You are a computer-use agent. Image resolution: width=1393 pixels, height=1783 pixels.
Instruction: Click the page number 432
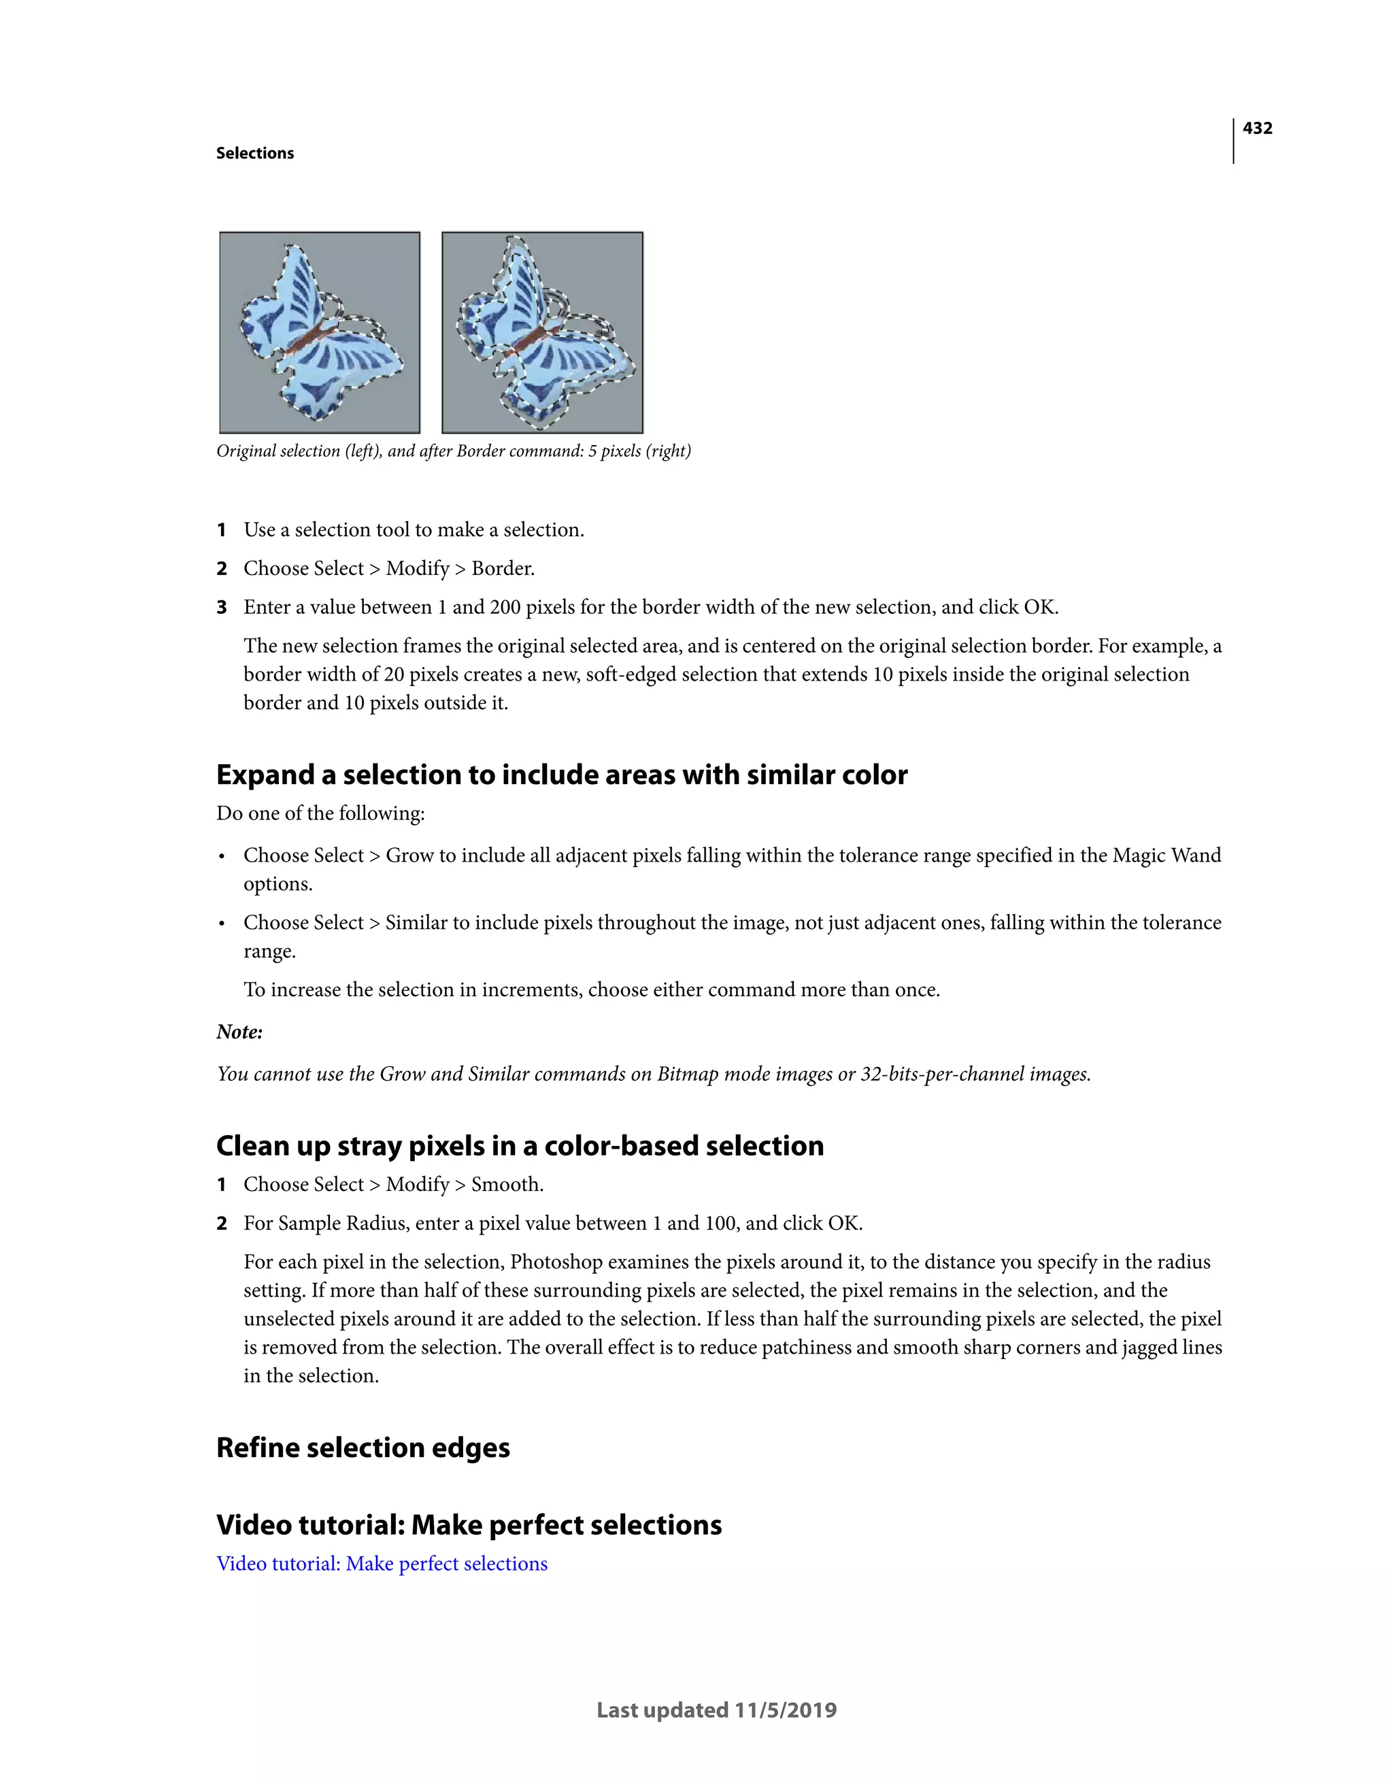(x=1257, y=128)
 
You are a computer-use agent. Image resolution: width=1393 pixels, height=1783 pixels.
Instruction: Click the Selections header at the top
(x=254, y=154)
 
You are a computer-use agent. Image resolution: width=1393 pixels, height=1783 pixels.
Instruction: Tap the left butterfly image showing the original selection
(x=320, y=332)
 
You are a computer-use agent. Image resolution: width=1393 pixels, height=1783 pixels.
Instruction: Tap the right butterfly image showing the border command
(x=543, y=332)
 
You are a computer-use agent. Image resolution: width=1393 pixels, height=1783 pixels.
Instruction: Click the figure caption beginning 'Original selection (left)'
(x=454, y=451)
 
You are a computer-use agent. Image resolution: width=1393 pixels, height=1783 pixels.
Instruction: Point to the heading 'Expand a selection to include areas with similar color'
(x=561, y=774)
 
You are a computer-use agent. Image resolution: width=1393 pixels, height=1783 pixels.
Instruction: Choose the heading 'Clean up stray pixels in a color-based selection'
(x=520, y=1145)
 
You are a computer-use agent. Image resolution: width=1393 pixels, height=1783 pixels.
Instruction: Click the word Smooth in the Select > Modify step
(x=506, y=1185)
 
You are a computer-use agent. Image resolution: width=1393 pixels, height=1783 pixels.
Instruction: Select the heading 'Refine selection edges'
(x=363, y=1447)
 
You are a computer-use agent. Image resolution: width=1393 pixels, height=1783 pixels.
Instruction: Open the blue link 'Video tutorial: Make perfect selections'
(x=382, y=1563)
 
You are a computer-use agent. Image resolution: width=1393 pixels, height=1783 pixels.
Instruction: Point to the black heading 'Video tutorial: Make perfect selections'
(x=469, y=1525)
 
